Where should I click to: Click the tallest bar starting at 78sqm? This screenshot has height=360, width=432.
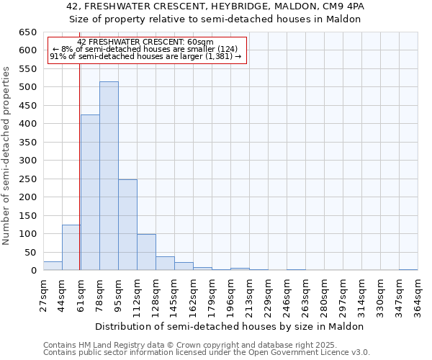pyautogui.click(x=109, y=176)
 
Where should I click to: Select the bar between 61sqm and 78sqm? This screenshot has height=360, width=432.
pyautogui.click(x=90, y=193)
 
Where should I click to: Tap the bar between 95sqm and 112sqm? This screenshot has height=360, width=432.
pyautogui.click(x=127, y=225)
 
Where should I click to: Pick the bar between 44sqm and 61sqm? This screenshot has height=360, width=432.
pyautogui.click(x=71, y=248)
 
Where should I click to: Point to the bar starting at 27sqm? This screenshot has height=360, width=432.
pyautogui.click(x=53, y=266)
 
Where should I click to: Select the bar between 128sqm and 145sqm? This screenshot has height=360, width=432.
pyautogui.click(x=165, y=264)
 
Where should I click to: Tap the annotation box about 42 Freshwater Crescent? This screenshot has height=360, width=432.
pyautogui.click(x=147, y=50)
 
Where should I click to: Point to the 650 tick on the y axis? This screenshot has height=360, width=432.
pyautogui.click(x=27, y=32)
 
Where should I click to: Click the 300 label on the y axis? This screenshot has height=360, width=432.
pyautogui.click(x=27, y=161)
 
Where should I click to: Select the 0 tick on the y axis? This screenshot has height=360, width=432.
pyautogui.click(x=33, y=271)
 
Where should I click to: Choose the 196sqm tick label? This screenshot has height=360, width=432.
pyautogui.click(x=230, y=296)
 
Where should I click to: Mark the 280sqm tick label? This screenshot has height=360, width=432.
pyautogui.click(x=324, y=296)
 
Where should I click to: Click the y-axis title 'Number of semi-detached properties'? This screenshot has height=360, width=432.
pyautogui.click(x=6, y=156)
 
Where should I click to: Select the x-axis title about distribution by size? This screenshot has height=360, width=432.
pyautogui.click(x=230, y=326)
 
